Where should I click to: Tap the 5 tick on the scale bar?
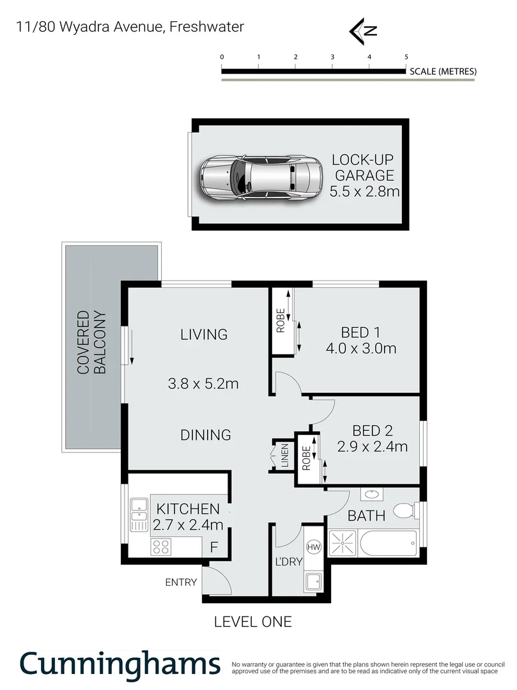point(406,57)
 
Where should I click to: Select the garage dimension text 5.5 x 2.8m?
point(364,190)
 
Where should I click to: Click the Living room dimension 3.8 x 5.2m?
point(203,384)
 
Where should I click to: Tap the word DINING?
point(205,435)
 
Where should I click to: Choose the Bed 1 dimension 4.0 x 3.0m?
point(360,349)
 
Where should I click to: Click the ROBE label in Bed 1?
point(280,321)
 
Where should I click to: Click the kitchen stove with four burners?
point(160,547)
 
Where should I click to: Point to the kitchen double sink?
point(139,515)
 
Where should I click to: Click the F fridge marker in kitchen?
point(215,548)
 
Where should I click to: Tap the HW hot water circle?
point(314,548)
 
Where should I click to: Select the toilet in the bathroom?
point(402,510)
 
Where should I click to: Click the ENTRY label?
point(181,582)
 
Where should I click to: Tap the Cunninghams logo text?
point(120,664)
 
